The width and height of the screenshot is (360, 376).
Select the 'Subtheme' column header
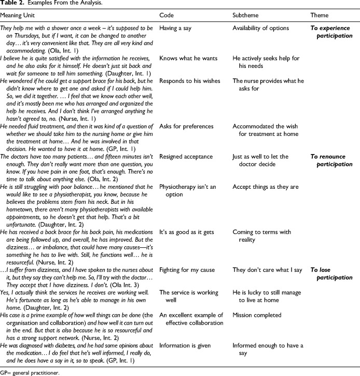[x=245, y=15]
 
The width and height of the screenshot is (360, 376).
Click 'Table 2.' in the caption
[x=11, y=4]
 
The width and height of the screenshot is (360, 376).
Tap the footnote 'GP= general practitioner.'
[x=30, y=372]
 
